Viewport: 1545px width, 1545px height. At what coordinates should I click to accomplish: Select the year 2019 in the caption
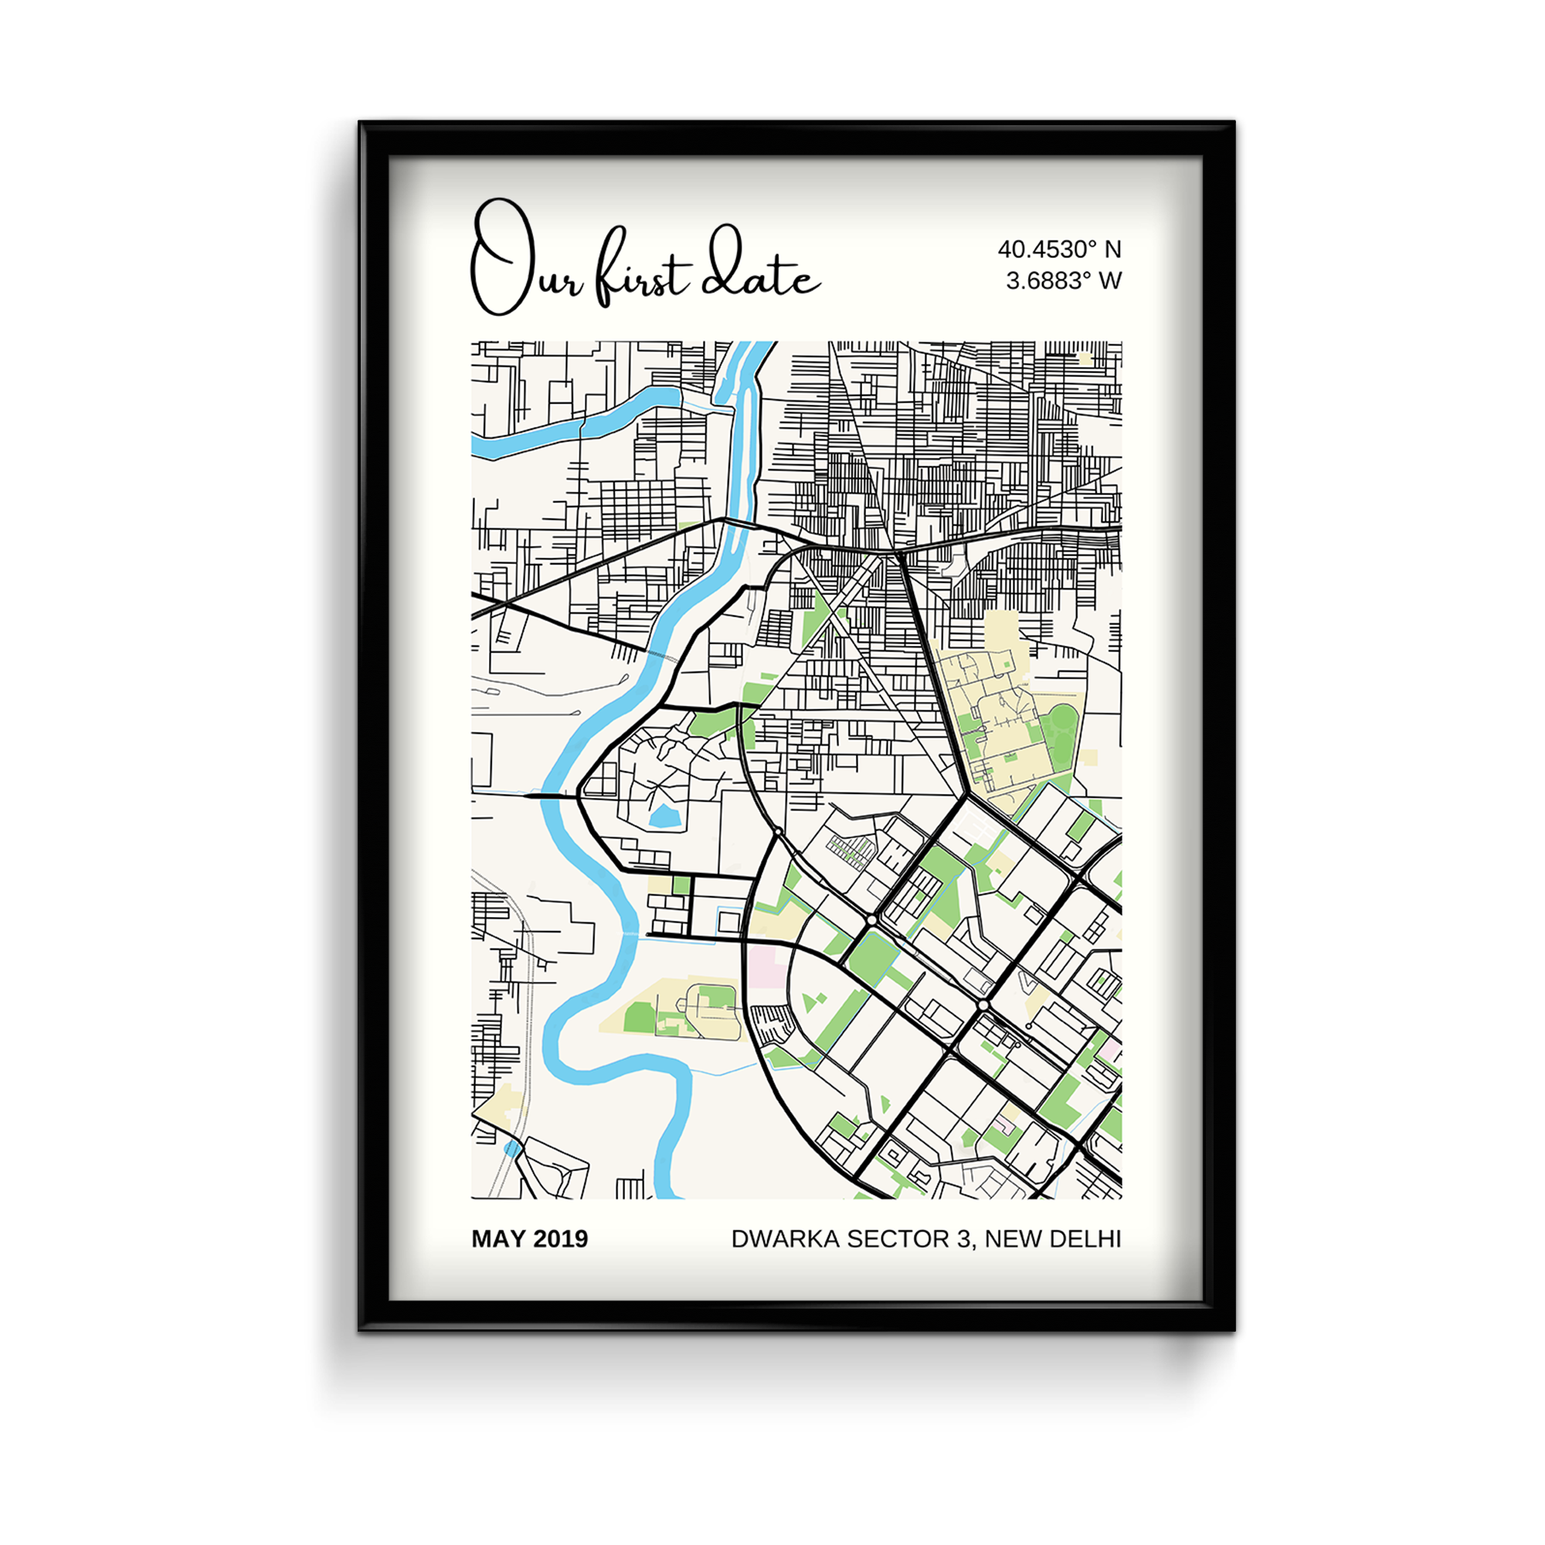(x=561, y=1239)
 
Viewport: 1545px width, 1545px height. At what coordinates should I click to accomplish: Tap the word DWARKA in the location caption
(x=786, y=1239)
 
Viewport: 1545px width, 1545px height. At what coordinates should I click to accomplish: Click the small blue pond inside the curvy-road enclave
(x=664, y=817)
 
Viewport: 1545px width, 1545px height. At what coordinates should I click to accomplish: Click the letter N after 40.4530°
(x=1112, y=250)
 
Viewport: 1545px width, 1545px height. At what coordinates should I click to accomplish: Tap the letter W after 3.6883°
(x=1110, y=280)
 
